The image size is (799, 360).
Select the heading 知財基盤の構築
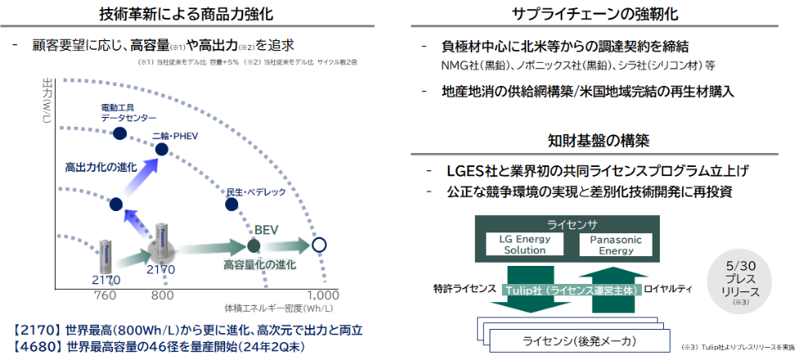coord(599,142)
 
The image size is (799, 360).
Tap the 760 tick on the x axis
coord(106,295)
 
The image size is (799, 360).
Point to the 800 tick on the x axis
coord(163,295)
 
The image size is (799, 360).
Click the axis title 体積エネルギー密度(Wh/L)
coord(279,308)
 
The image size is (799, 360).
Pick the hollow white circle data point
coord(320,245)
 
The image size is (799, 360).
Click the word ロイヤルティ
coord(669,289)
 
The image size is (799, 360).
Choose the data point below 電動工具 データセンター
coord(120,133)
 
